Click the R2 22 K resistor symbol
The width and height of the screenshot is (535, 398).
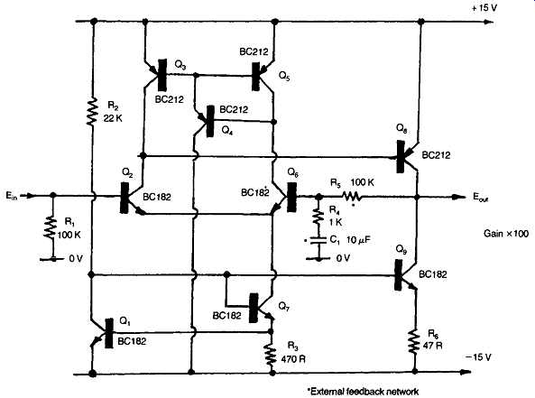pyautogui.click(x=92, y=111)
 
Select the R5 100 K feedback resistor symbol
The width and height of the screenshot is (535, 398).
pyautogui.click(x=352, y=196)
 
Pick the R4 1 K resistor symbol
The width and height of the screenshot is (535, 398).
pyautogui.click(x=318, y=217)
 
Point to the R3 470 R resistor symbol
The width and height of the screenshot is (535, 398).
pyautogui.click(x=272, y=354)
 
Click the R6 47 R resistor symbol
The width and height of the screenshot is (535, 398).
pyautogui.click(x=415, y=341)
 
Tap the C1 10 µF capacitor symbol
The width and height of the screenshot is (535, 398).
pyautogui.click(x=318, y=240)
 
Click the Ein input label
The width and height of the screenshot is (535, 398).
pyautogui.click(x=11, y=196)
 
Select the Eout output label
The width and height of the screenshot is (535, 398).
pyautogui.click(x=480, y=197)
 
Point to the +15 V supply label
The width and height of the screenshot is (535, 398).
pyautogui.click(x=484, y=8)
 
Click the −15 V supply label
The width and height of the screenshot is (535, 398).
pyautogui.click(x=478, y=357)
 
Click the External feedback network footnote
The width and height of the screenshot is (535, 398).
pyautogui.click(x=363, y=391)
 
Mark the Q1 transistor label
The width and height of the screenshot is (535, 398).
pyautogui.click(x=125, y=321)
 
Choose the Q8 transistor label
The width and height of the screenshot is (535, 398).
pyautogui.click(x=401, y=129)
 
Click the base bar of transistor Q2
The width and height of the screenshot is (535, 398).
pyautogui.click(x=125, y=198)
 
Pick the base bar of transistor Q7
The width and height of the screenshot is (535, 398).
pyautogui.click(x=254, y=308)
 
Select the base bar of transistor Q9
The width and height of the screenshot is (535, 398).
pyautogui.click(x=398, y=275)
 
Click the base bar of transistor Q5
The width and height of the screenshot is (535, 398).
pyautogui.click(x=255, y=77)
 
